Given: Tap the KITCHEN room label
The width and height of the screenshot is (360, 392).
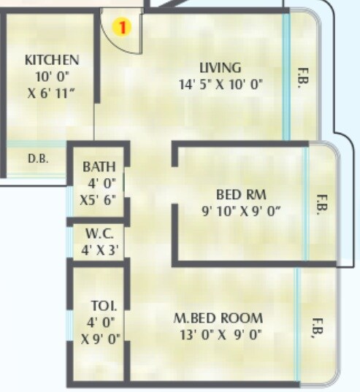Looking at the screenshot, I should tap(51, 60).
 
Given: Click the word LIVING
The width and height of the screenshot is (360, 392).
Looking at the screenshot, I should tap(220, 69).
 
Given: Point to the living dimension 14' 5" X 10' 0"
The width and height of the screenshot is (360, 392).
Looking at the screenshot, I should tap(220, 84).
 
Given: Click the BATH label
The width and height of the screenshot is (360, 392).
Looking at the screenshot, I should tap(99, 166).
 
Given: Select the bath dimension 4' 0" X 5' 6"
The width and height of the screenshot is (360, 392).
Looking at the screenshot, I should tap(99, 189).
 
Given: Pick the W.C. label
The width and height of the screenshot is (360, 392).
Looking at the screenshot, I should tap(98, 236).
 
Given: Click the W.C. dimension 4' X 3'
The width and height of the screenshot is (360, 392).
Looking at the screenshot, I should tap(99, 250).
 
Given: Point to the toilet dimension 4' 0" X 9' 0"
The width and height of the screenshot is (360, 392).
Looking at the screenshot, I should tap(100, 330).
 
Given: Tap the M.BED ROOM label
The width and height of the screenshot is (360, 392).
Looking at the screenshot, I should tap(218, 319).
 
